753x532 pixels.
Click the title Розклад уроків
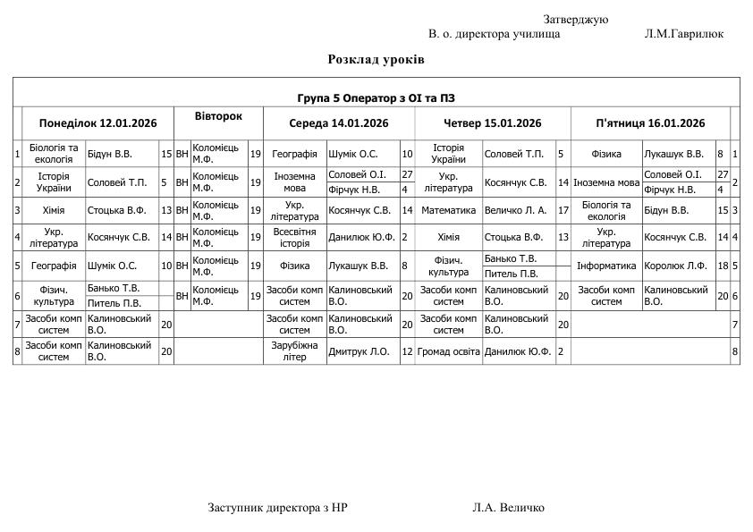(376, 59)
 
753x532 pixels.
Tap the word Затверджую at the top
(575, 20)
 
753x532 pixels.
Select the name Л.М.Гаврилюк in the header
(683, 34)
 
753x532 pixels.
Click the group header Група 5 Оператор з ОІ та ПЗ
(376, 97)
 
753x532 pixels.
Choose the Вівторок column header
(218, 117)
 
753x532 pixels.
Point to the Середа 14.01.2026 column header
(338, 123)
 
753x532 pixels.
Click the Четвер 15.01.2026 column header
(493, 123)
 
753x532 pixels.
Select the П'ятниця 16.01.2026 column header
(650, 123)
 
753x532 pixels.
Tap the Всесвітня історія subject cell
(294, 237)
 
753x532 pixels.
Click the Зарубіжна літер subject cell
(294, 351)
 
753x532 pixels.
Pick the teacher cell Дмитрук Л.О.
(359, 351)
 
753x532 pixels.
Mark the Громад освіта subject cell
(449, 351)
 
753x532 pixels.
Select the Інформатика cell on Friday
(606, 266)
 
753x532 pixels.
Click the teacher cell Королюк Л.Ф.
(675, 266)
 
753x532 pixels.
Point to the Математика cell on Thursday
(448, 210)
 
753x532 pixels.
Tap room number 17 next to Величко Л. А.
(563, 210)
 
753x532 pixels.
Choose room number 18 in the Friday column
(722, 266)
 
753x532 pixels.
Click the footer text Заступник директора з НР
(277, 507)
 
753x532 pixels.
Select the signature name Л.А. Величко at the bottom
(508, 507)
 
